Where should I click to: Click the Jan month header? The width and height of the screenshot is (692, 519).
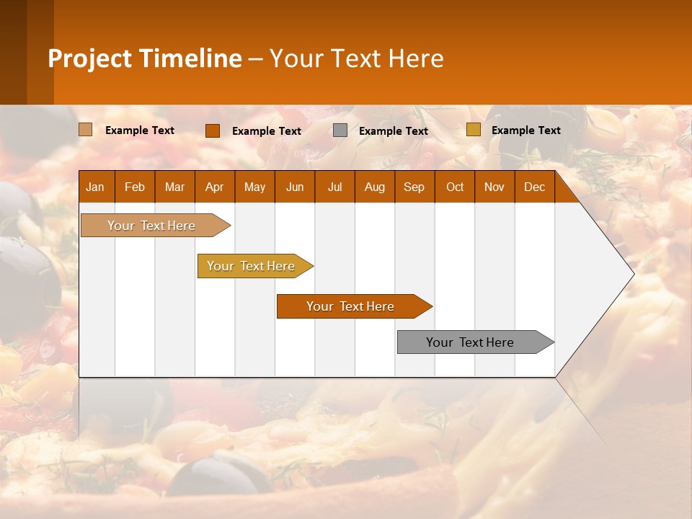(x=96, y=187)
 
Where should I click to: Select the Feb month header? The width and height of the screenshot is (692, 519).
(x=135, y=187)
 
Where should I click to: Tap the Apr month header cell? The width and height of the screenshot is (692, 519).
(x=215, y=187)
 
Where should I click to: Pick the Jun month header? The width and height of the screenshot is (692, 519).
(x=295, y=187)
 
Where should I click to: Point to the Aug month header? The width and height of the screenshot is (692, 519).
(x=375, y=187)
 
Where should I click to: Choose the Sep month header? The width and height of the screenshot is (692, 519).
(x=414, y=187)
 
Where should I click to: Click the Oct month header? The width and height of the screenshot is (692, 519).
(x=455, y=187)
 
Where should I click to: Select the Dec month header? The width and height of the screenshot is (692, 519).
(x=535, y=187)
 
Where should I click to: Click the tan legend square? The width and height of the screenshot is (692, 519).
(x=86, y=130)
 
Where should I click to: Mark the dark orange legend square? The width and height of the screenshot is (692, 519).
(x=213, y=130)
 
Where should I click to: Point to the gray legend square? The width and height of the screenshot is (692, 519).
(x=340, y=130)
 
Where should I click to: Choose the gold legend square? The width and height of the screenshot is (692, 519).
(x=474, y=130)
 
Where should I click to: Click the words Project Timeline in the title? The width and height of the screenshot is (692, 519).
(x=145, y=58)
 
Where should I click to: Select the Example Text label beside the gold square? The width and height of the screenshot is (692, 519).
(x=526, y=130)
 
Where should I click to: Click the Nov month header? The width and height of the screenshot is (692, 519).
(x=494, y=187)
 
